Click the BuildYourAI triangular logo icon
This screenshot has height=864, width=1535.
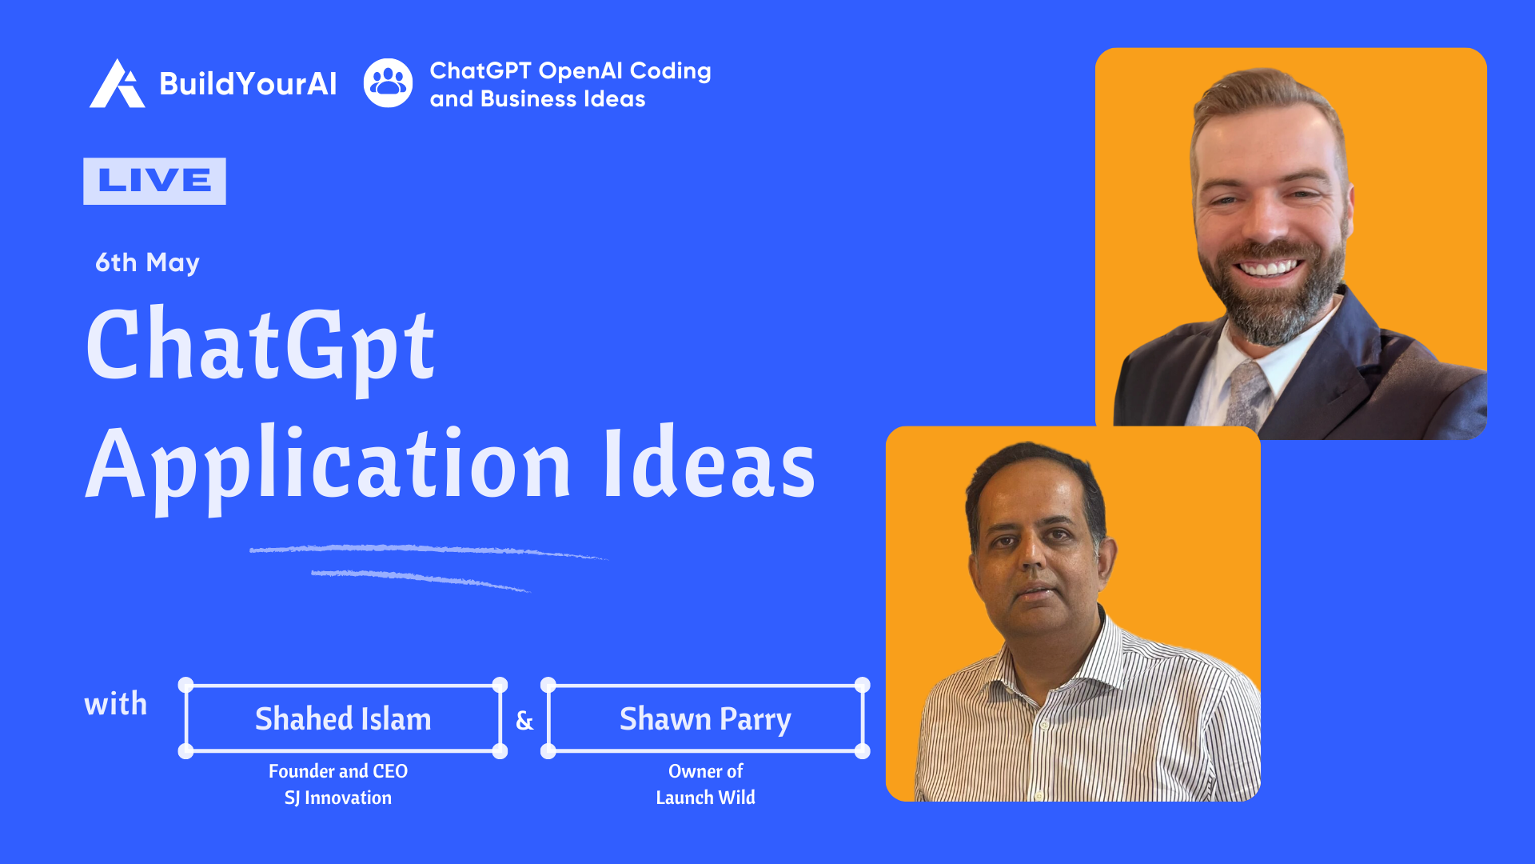coord(117,83)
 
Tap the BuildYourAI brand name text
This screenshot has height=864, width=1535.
coord(248,84)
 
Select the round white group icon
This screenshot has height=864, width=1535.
coord(389,83)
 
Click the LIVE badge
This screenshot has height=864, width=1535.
coord(154,181)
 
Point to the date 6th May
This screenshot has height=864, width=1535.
coord(147,262)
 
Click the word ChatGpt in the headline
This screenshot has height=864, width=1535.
coord(261,346)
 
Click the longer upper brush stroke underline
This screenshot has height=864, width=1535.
coord(429,550)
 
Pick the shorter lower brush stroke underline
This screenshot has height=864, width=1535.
coord(421,579)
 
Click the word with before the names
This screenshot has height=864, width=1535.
coord(116,704)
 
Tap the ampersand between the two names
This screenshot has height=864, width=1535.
coord(524,721)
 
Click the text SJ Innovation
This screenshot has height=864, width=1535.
coord(338,798)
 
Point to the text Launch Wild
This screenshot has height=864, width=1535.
coord(705,798)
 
